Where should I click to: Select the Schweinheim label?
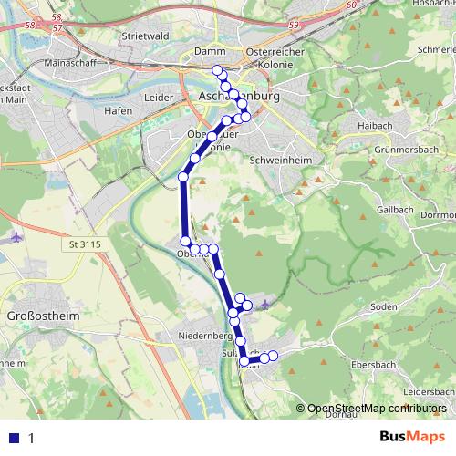pyautogui.click(x=276, y=157)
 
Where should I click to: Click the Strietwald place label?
pyautogui.click(x=139, y=36)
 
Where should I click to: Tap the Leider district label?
pyautogui.click(x=159, y=96)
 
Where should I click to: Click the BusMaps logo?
pyautogui.click(x=412, y=439)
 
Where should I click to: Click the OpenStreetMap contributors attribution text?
pyautogui.click(x=377, y=409)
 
